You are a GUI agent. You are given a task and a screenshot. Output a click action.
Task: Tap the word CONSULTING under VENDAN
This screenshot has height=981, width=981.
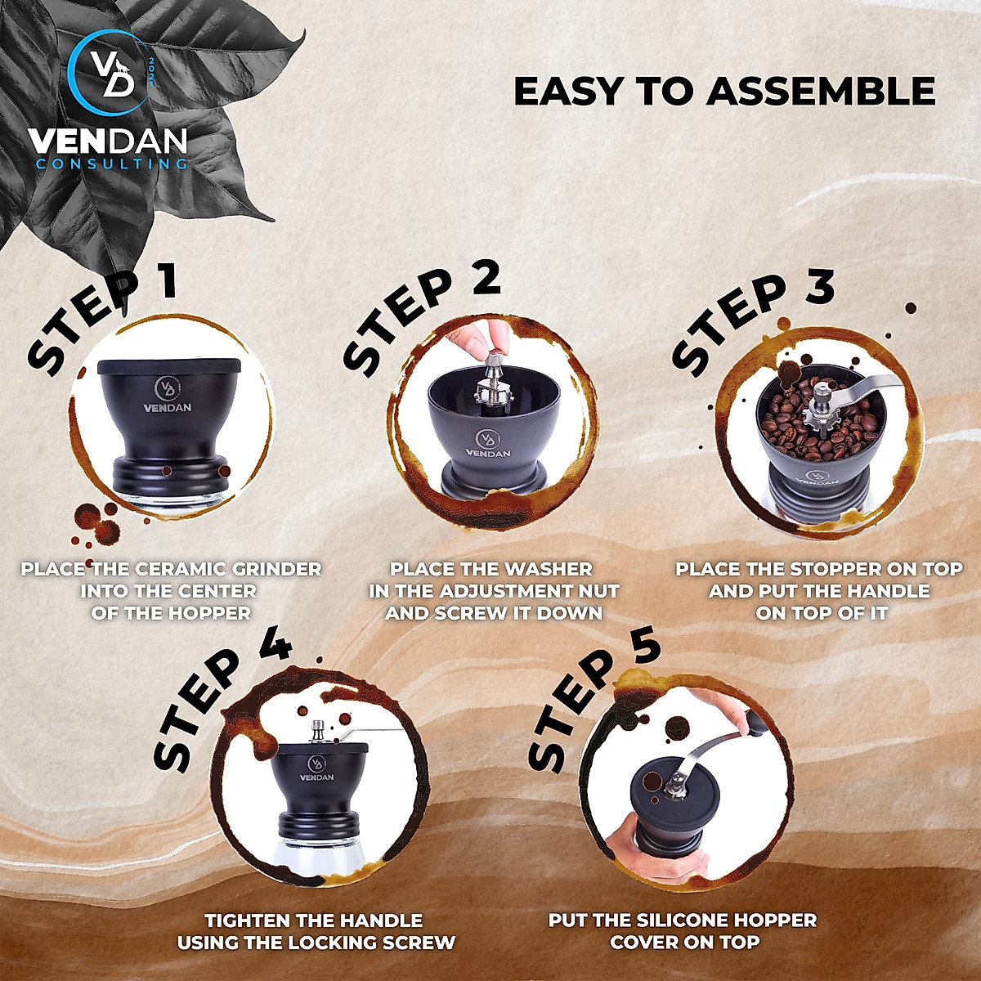click(111, 163)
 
